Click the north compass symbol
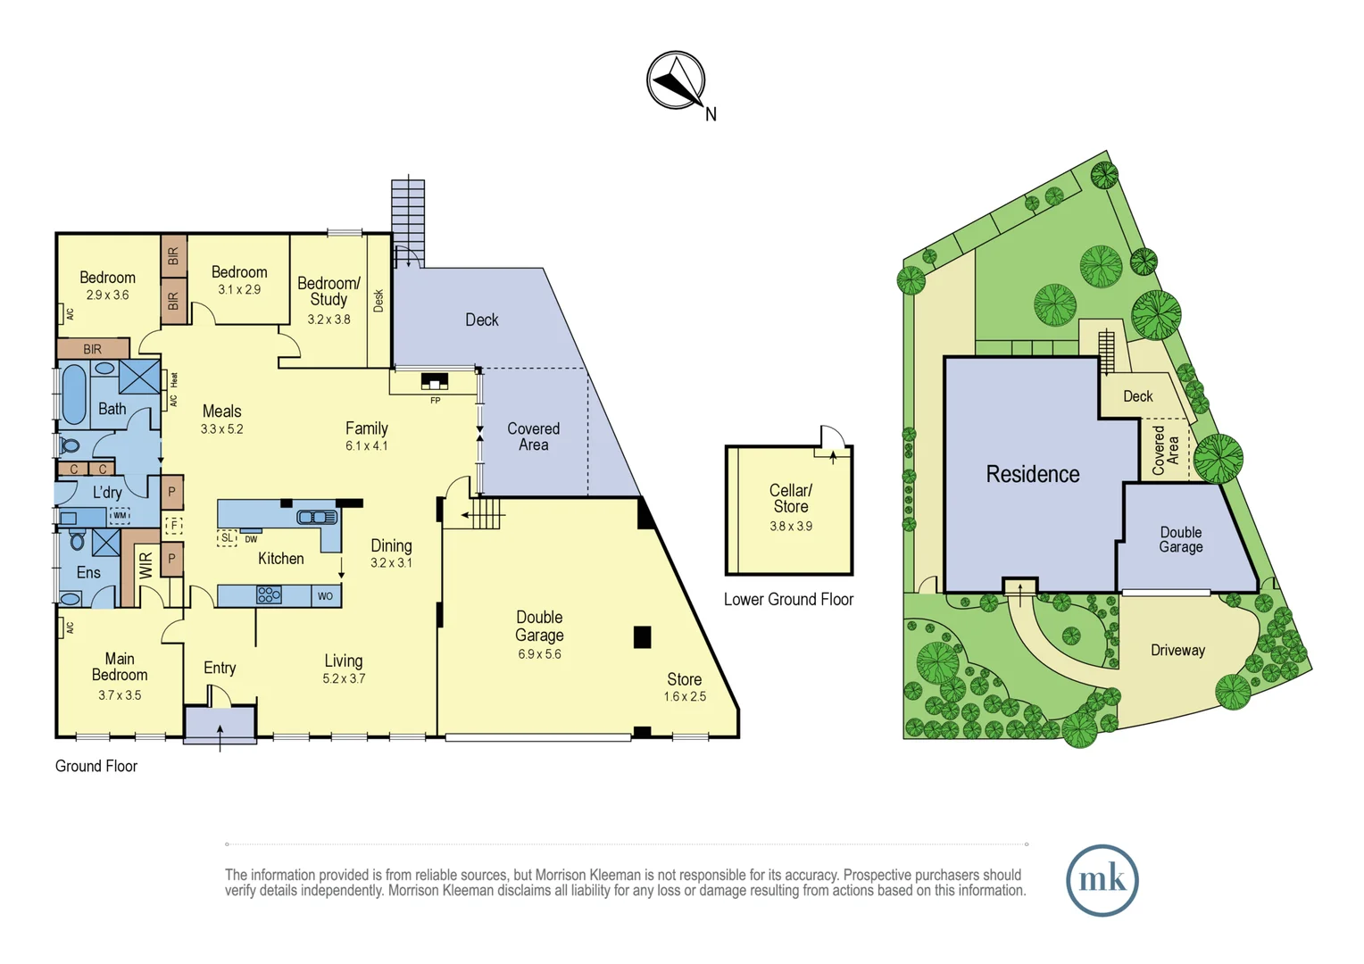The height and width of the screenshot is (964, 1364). point(676,80)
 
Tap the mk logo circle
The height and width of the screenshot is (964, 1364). point(1102,880)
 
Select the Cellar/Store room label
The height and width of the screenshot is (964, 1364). point(790,498)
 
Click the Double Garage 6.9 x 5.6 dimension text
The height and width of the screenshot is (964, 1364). point(539,654)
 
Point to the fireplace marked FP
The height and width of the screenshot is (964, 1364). point(434,382)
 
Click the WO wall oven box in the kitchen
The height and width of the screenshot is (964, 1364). point(325,595)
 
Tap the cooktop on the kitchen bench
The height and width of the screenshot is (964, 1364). point(269,594)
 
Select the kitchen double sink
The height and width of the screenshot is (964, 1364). point(316,517)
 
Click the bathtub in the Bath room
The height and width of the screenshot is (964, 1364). point(74,394)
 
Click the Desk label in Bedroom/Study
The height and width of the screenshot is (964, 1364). point(378,300)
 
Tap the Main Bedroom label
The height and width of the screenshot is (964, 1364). point(120,667)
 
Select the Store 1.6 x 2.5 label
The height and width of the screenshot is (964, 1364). point(685,686)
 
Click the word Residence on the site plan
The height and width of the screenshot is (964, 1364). point(1032,474)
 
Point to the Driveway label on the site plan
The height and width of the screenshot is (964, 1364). point(1177,650)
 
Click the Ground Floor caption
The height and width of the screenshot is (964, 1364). point(96,766)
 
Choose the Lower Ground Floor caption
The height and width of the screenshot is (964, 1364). point(788,600)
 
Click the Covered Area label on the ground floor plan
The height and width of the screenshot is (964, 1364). point(533,436)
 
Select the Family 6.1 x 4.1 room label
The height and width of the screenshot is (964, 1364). point(366,436)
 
